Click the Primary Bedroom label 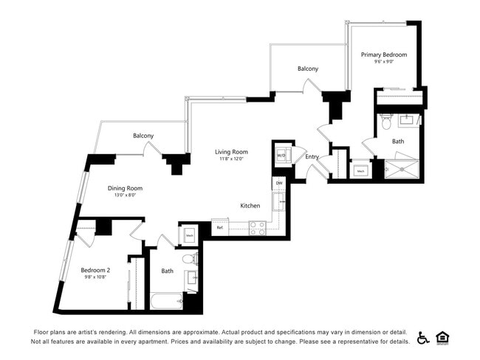383,55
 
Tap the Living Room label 231,152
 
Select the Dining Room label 125,188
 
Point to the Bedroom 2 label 95,271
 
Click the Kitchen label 250,206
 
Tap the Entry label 312,156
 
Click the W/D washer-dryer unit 281,156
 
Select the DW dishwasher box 279,182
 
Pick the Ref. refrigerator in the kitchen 219,228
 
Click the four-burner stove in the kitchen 257,228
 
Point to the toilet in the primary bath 385,121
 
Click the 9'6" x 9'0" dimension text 383,62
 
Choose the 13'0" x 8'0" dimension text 125,196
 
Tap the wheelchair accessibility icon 423,338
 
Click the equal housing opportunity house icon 443,338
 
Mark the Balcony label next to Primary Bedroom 308,69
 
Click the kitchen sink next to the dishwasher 278,200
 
